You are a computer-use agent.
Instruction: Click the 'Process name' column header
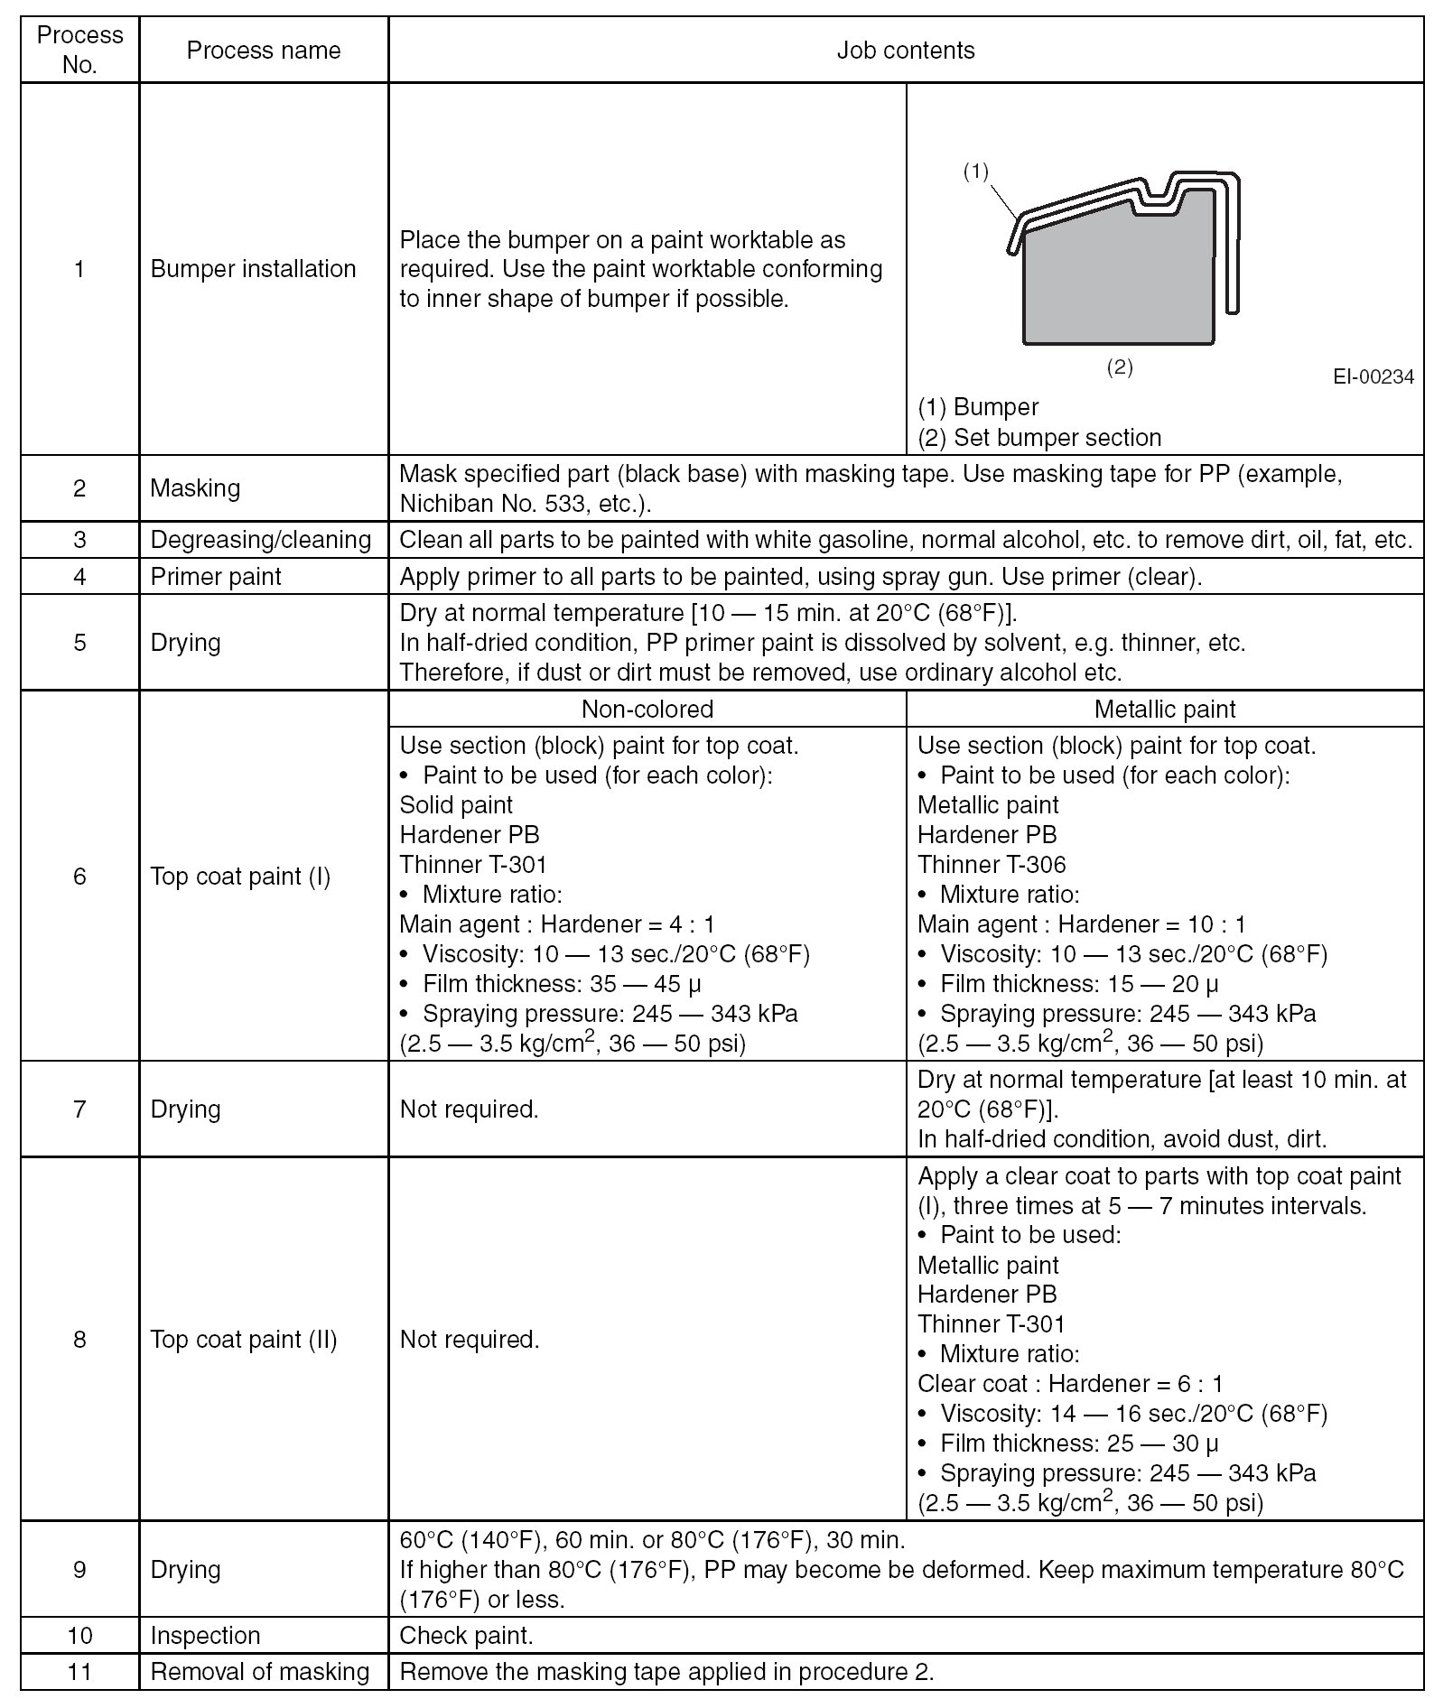point(263,51)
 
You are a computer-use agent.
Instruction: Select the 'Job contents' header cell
point(905,51)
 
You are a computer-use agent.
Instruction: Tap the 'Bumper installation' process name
point(253,269)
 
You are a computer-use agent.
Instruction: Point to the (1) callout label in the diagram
point(975,172)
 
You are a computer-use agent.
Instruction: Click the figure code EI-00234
point(1373,377)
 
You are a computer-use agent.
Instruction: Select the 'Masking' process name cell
point(195,488)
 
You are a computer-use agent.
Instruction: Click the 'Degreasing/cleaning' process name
point(260,540)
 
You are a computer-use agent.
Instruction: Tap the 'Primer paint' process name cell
point(216,577)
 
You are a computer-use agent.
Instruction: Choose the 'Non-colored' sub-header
point(647,710)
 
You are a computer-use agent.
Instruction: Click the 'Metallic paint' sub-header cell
point(1164,710)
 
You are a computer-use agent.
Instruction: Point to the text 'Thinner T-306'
point(992,865)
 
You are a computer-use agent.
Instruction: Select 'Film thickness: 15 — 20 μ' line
point(1078,984)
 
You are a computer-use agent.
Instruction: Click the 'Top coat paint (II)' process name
point(244,1339)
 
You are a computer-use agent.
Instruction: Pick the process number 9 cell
point(79,1569)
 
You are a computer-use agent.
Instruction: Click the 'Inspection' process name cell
point(205,1636)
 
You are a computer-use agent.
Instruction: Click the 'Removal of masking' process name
point(260,1672)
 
